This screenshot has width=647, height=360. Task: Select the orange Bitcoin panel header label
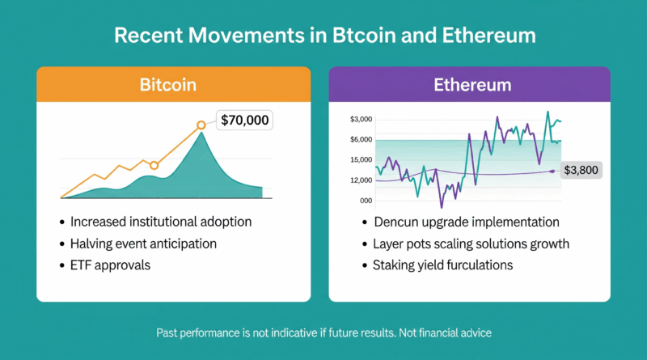173,84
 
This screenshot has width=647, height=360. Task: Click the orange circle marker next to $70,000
201,125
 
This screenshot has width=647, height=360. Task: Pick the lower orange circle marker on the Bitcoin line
154,165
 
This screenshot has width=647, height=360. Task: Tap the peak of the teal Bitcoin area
201,133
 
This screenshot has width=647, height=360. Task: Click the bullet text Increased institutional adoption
161,222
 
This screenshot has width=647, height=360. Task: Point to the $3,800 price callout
582,170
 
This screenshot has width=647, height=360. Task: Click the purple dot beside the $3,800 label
552,171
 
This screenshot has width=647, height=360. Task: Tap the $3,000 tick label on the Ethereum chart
361,119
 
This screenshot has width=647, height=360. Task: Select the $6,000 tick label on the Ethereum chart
361,139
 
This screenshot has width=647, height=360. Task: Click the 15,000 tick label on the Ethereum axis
361,159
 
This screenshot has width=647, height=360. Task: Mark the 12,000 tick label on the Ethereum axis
361,180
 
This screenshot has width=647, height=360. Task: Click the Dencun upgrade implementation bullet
466,222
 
